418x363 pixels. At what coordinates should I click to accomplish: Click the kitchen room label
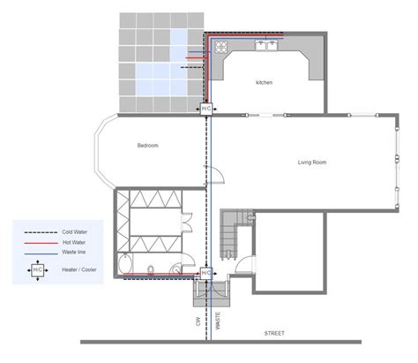(265, 82)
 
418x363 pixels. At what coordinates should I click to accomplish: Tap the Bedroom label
(148, 145)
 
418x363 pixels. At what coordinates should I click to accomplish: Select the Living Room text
(313, 163)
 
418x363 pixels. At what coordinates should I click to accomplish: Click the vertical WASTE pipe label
(219, 316)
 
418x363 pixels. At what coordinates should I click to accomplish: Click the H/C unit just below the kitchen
(206, 108)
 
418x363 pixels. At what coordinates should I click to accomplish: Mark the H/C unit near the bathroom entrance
(206, 275)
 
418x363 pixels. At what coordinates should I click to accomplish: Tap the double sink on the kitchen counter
(264, 42)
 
